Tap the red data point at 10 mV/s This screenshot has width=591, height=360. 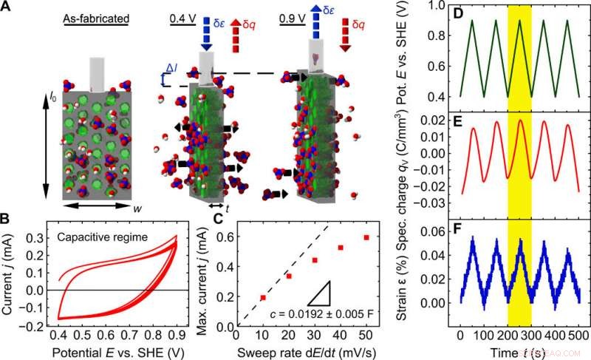[263, 297]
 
